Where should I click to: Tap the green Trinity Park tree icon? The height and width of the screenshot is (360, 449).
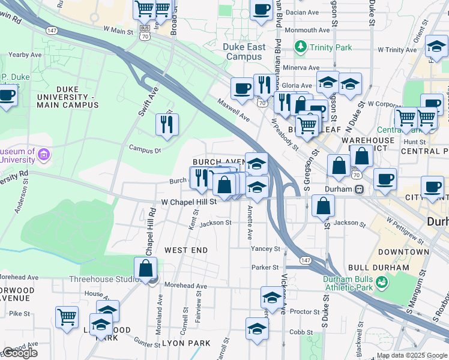coord(300,46)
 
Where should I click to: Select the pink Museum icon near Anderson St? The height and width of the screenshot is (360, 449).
coord(43,155)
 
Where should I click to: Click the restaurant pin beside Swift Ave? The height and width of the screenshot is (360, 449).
coord(166,125)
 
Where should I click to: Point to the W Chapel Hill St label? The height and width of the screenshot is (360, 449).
coord(188,202)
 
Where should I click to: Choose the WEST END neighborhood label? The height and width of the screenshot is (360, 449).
coord(186,250)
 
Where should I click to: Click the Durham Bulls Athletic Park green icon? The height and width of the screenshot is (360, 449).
coord(381,280)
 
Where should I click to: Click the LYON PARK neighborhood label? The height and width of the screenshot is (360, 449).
coord(186,343)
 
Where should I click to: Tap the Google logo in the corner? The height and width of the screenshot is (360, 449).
coord(20,353)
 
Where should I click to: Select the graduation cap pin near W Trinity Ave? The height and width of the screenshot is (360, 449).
coord(436,47)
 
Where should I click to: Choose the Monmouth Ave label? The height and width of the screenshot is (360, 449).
coord(307,30)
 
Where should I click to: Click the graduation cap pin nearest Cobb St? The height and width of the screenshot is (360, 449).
coord(257,329)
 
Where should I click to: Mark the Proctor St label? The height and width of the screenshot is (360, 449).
coord(304,311)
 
